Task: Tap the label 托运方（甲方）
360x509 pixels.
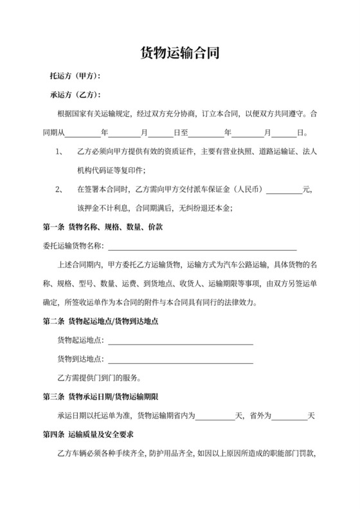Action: coord(75,76)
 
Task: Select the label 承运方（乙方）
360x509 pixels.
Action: coord(75,95)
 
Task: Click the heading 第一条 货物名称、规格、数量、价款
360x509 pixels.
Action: coord(102,227)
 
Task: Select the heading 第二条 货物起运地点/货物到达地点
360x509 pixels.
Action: coord(109,321)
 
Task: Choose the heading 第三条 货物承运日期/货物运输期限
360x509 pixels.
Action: coord(109,397)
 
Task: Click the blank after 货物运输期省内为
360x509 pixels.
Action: coord(215,416)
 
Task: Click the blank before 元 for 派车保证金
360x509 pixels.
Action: coord(283,190)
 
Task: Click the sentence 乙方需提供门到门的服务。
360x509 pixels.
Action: coord(100,377)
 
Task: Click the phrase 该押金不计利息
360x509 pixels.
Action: coord(104,208)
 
